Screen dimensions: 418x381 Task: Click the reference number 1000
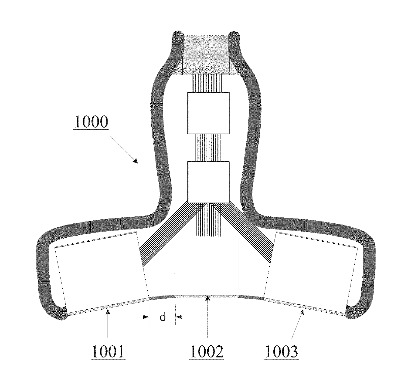[x=91, y=122]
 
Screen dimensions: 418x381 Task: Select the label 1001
[x=108, y=352]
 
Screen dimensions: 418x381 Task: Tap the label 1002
[x=207, y=352]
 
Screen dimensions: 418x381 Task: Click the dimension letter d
[x=163, y=317]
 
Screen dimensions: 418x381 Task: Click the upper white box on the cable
[x=208, y=113]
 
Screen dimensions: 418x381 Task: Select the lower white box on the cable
[x=208, y=182]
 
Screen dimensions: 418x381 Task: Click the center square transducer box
[x=207, y=266]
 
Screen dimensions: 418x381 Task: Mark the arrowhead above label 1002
[x=208, y=297]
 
